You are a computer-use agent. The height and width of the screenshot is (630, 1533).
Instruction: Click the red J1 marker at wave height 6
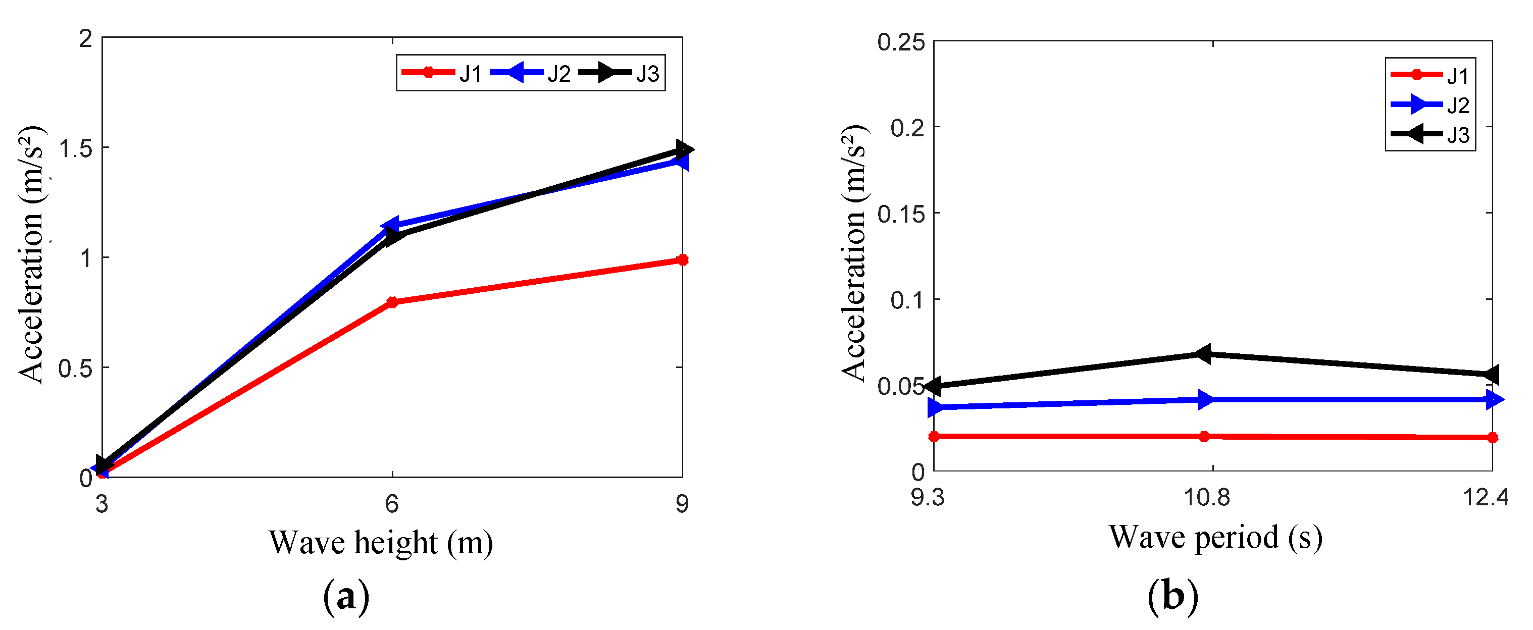(392, 302)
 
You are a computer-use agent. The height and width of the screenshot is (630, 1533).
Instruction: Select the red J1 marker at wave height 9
(683, 260)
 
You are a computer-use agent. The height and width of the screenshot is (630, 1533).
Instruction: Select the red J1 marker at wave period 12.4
(1492, 438)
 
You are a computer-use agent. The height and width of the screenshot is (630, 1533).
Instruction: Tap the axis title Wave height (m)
(381, 543)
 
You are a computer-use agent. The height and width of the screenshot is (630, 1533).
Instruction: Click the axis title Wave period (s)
(1215, 538)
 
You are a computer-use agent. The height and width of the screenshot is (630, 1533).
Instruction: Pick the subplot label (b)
(1172, 596)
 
